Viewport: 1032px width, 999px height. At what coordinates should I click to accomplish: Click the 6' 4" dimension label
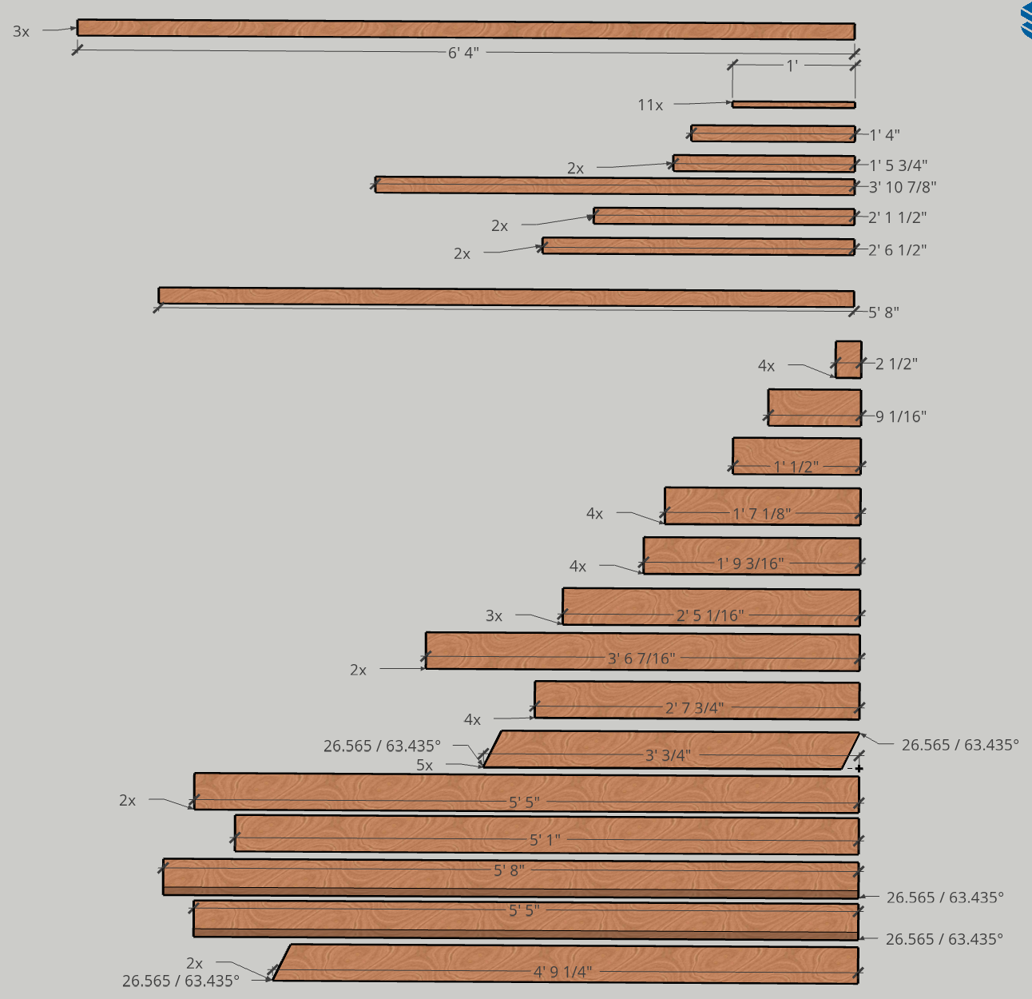(x=463, y=53)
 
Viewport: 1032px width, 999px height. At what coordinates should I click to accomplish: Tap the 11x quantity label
(x=650, y=105)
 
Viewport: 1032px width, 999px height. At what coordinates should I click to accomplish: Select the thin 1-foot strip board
(x=794, y=105)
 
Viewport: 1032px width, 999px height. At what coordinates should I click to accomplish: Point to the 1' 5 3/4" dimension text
(x=899, y=165)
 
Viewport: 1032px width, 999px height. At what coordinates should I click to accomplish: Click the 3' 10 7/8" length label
(x=903, y=187)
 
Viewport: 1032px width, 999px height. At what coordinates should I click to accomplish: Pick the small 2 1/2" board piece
(x=848, y=360)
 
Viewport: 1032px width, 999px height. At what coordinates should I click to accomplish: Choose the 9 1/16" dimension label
(x=901, y=416)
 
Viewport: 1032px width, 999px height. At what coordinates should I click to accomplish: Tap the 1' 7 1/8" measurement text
(x=762, y=514)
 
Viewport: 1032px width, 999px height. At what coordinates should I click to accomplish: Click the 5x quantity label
(x=424, y=765)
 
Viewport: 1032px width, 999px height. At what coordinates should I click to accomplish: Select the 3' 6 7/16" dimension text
(x=641, y=659)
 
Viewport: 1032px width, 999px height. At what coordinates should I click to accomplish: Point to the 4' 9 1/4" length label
(x=562, y=972)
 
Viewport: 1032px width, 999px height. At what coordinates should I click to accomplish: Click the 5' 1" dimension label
(x=545, y=840)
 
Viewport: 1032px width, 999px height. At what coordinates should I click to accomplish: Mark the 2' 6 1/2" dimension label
(x=897, y=250)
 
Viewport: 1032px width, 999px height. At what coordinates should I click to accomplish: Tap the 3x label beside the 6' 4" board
(x=21, y=31)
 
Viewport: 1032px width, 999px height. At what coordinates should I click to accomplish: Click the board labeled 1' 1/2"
(x=796, y=456)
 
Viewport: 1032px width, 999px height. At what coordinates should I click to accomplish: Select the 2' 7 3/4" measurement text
(x=694, y=708)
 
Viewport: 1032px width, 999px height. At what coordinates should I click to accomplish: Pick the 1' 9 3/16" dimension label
(x=750, y=563)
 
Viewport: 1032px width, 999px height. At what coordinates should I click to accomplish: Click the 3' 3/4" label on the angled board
(x=668, y=755)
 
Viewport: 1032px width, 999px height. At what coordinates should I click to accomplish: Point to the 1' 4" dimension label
(x=884, y=135)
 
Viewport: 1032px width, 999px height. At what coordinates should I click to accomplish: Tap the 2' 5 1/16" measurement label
(x=710, y=615)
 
